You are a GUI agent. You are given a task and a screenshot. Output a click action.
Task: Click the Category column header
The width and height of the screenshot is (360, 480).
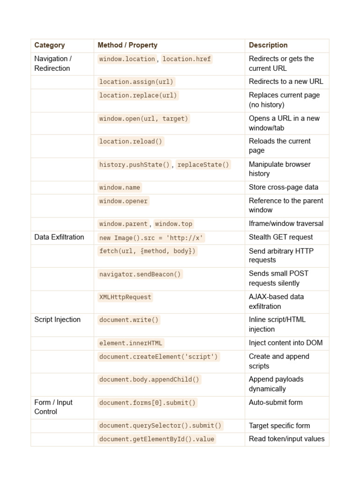coord(50,45)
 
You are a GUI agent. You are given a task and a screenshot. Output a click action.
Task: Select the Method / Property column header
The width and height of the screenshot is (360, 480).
coord(127,45)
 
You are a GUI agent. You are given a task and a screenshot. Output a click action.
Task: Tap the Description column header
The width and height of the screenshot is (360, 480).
coord(268,45)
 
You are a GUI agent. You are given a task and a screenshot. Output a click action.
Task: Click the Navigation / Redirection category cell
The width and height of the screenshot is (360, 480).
coord(52,63)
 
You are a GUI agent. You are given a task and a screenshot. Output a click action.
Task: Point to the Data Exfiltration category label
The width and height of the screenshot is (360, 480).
coord(59,237)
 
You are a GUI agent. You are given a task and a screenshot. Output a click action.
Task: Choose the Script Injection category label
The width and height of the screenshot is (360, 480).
coord(57,320)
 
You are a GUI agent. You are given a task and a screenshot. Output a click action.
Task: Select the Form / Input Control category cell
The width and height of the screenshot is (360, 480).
coord(53,407)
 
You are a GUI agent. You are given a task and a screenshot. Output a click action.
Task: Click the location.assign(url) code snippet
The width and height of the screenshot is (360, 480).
coord(136,82)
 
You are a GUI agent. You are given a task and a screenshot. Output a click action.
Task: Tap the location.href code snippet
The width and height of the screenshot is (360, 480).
coord(187,59)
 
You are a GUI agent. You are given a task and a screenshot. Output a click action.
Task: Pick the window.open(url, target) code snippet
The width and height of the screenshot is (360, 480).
coord(143,119)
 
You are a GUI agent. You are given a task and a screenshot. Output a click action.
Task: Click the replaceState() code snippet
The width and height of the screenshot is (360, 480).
coord(203,165)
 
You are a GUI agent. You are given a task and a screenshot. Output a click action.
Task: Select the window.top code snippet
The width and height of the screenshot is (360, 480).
coord(173,224)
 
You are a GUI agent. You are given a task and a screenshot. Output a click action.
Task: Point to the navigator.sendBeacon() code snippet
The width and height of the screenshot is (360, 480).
coord(140,274)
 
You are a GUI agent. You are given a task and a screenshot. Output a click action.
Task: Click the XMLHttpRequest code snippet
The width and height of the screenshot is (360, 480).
coord(125,297)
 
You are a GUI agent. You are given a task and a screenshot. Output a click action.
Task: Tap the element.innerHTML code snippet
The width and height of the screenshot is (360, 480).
coord(131,343)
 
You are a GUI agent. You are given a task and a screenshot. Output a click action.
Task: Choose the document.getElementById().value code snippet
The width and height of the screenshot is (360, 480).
coord(157,439)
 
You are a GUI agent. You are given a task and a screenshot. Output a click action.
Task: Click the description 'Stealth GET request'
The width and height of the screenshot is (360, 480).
coord(281,237)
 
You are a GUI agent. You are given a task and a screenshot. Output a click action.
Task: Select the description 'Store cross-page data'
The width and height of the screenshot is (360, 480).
coord(284,187)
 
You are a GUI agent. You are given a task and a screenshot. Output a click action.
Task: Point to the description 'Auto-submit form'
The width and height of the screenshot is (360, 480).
coord(276,402)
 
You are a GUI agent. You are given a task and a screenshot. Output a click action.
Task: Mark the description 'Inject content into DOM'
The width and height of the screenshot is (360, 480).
coord(285,343)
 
